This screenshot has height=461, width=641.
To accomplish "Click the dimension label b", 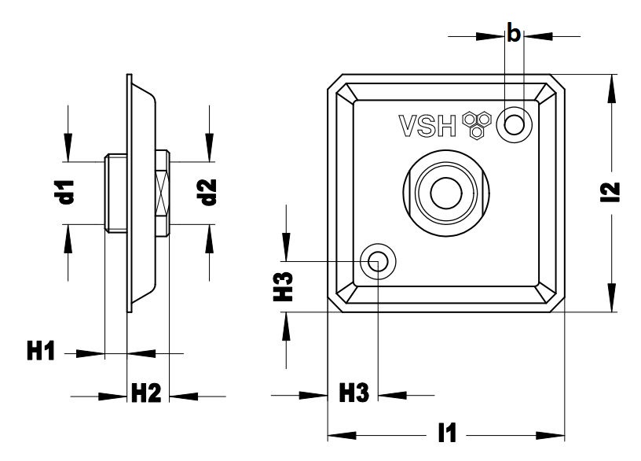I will [x=514, y=34].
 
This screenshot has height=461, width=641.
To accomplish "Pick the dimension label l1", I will [x=449, y=433].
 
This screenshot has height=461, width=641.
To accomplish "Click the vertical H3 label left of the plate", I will [x=287, y=286].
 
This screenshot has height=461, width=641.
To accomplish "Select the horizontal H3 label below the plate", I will [x=353, y=393].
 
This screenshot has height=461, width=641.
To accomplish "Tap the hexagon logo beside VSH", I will [x=477, y=124].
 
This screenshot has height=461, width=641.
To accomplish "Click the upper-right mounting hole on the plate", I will [x=515, y=124].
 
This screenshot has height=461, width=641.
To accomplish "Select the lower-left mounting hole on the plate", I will [x=378, y=261].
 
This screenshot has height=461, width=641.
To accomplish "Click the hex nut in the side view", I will [x=163, y=193].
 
